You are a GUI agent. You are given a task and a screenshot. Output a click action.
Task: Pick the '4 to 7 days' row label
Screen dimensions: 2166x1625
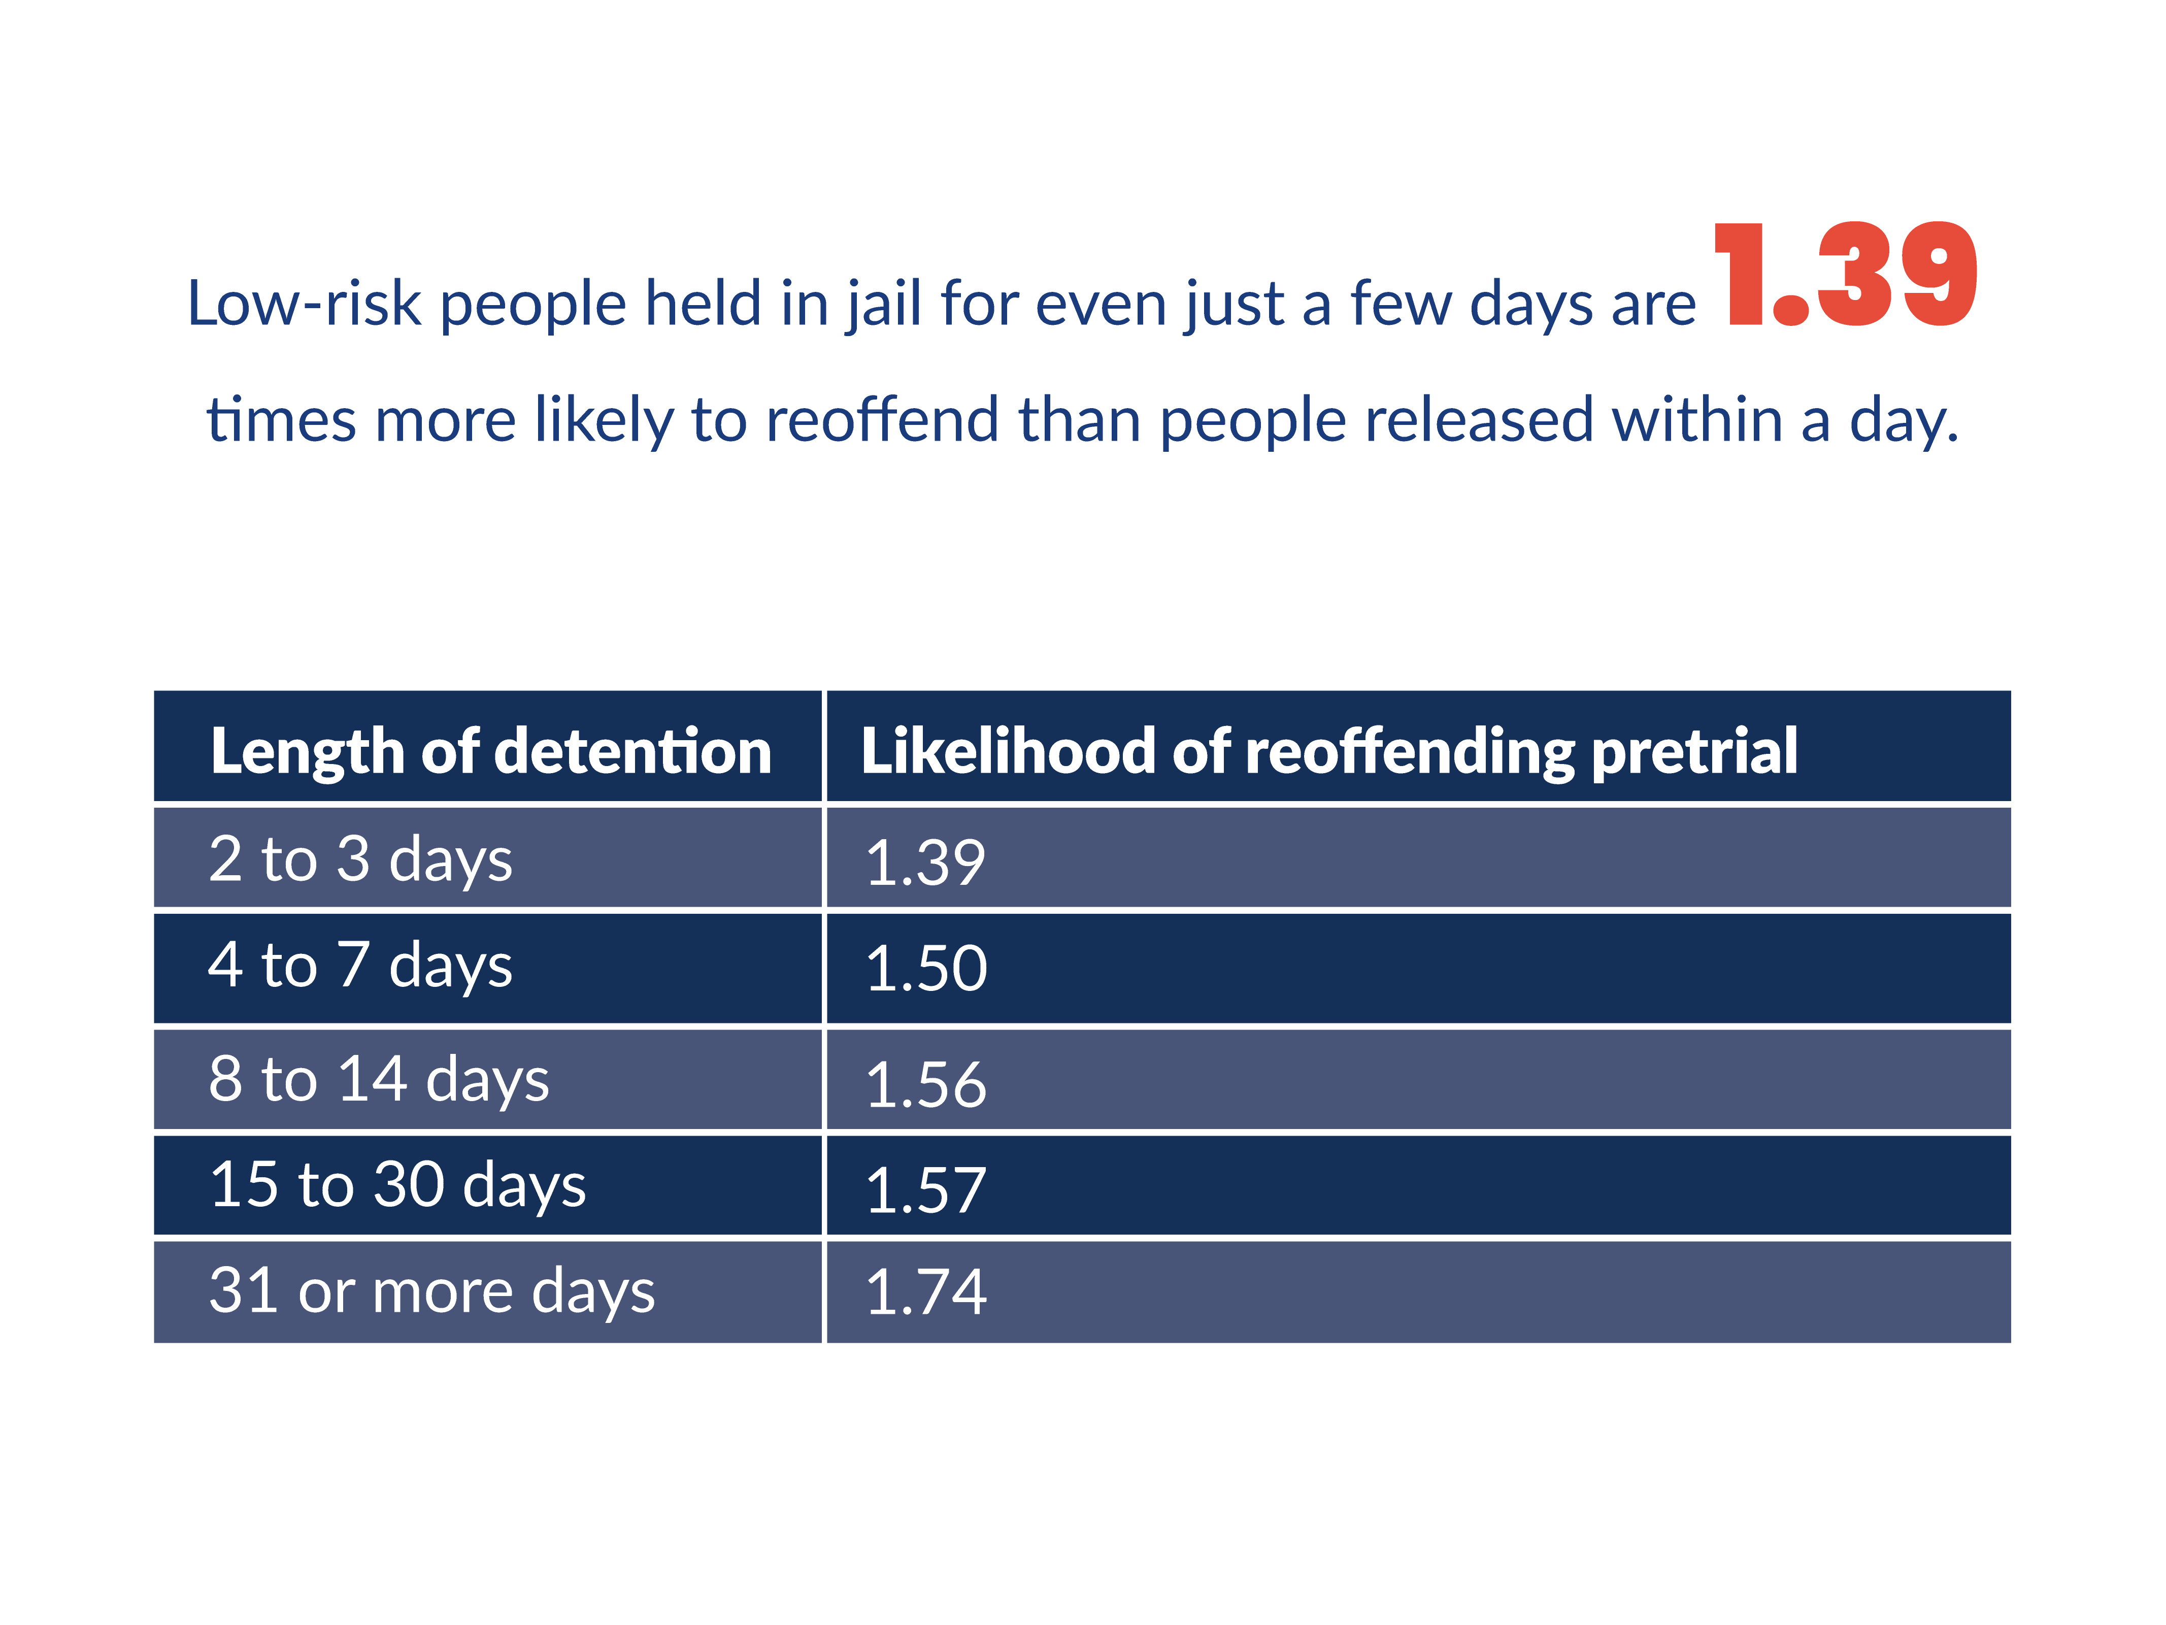coord(360,965)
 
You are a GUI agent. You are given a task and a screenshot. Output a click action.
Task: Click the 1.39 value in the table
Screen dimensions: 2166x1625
coord(925,863)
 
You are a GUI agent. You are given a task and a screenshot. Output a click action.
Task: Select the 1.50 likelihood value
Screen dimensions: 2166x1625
coord(926,969)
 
